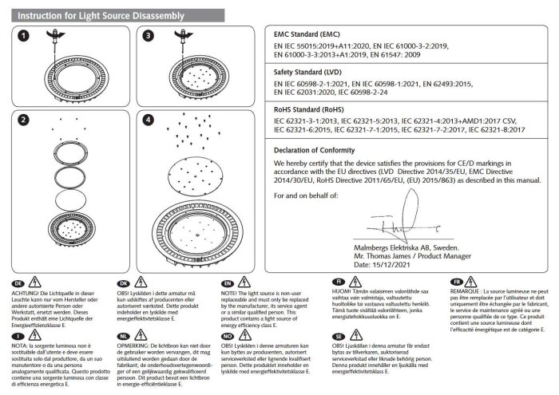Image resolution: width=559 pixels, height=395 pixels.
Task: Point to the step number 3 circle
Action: coord(149,37)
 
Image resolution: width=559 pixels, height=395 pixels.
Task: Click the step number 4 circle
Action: coord(149,120)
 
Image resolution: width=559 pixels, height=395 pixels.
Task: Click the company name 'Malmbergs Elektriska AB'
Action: coord(394,247)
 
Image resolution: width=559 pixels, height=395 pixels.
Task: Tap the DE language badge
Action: coord(18,284)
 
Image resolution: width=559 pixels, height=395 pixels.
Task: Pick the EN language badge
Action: coord(228,284)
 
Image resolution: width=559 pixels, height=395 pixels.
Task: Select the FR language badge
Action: coord(455,283)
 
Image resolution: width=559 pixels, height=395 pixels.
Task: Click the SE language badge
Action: coord(338,337)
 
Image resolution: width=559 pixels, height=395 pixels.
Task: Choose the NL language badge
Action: coord(123,338)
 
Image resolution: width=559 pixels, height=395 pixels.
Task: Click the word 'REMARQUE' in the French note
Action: coord(470,294)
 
